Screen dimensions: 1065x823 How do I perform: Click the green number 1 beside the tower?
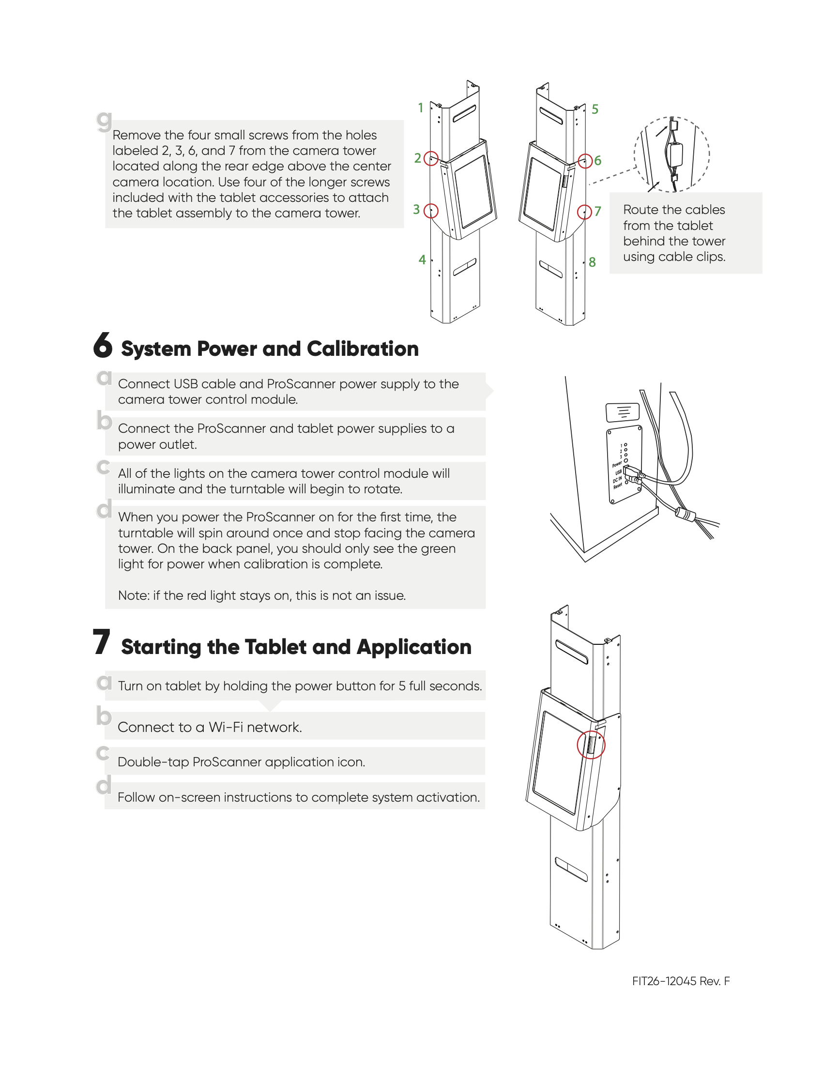[420, 108]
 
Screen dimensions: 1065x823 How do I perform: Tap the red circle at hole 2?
[431, 158]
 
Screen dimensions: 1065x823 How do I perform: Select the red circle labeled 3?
[431, 211]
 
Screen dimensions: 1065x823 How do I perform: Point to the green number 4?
[422, 259]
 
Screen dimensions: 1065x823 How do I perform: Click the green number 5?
[595, 109]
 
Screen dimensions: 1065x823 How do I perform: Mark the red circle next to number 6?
[585, 160]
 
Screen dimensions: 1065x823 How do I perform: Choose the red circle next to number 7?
[584, 212]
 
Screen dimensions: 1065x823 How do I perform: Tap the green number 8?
[592, 262]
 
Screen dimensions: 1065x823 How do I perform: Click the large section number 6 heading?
[103, 345]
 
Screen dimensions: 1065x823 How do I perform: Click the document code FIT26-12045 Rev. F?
[681, 981]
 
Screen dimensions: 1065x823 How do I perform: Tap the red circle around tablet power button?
[591, 745]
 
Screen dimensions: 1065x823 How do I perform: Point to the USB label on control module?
[618, 472]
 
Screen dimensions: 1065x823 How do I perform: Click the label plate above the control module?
[622, 412]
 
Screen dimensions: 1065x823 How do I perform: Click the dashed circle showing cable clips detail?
[672, 154]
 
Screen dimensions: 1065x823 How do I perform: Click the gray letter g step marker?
[104, 121]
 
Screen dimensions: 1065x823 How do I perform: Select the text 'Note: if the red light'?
[205, 595]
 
